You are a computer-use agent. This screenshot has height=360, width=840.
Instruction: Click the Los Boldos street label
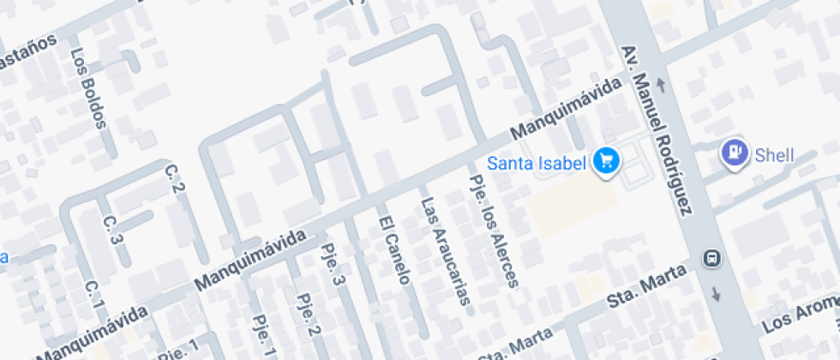pyautogui.click(x=89, y=87)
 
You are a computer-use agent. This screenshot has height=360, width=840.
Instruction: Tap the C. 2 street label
pyautogui.click(x=175, y=178)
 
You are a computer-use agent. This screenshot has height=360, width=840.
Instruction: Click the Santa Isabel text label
pyautogui.click(x=537, y=161)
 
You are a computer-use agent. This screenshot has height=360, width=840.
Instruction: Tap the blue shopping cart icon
pyautogui.click(x=607, y=159)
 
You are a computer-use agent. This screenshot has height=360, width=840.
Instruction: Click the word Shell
pyautogui.click(x=774, y=155)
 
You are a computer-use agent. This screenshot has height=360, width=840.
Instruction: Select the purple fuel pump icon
pyautogui.click(x=735, y=153)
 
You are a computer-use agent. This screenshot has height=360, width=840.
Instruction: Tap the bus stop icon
pyautogui.click(x=711, y=257)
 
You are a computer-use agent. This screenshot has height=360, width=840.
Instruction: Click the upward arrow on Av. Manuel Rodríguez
pyautogui.click(x=661, y=84)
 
